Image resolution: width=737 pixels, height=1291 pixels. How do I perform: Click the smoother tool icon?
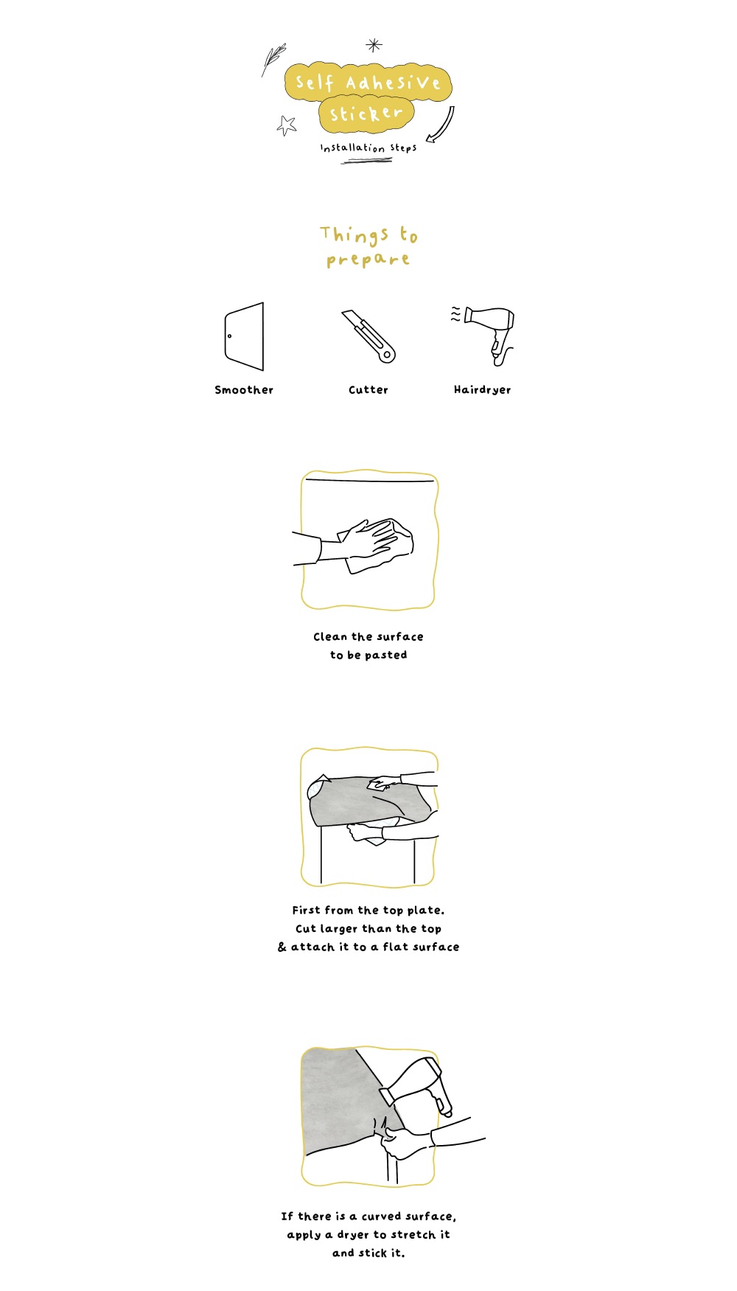245,336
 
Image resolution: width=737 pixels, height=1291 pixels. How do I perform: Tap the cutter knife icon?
368,336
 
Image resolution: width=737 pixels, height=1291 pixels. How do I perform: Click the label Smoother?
244,389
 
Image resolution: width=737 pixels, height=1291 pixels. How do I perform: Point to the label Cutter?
368,389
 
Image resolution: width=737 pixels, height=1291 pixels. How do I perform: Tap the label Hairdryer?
482,389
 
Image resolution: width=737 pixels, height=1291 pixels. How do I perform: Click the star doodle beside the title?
287,125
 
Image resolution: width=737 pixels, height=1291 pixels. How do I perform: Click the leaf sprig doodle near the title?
273,59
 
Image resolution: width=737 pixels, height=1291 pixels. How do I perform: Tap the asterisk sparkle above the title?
374,45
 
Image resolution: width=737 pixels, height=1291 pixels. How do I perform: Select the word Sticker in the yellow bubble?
366,114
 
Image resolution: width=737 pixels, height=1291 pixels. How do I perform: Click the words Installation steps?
368,147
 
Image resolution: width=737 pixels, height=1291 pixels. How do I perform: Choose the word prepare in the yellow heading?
368,260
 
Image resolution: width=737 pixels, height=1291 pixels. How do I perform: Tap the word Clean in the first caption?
329,636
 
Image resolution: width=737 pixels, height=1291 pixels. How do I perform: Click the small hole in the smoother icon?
229,336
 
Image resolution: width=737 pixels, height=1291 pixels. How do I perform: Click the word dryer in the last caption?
352,1234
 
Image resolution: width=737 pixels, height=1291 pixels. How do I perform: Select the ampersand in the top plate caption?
282,947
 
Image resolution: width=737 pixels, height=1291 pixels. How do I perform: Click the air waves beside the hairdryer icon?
455,315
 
